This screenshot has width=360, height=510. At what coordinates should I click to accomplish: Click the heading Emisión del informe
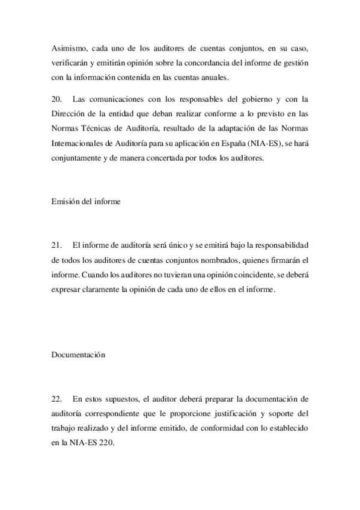[x=86, y=202]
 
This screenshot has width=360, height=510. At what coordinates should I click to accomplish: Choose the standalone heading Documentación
[x=78, y=355]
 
